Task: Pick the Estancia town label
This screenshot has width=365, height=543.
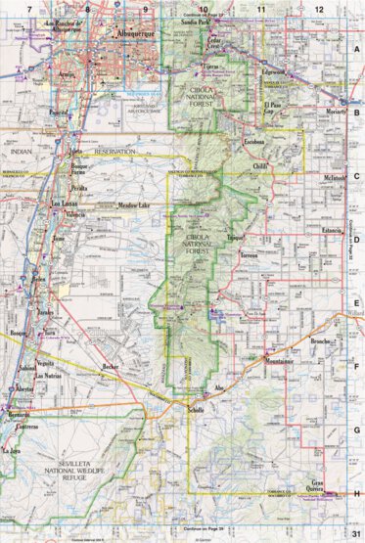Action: pos(309,231)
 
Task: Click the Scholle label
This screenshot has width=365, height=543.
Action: pos(195,409)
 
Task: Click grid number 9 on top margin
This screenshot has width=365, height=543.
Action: pos(146,8)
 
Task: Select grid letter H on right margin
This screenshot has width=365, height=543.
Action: pos(357,494)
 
